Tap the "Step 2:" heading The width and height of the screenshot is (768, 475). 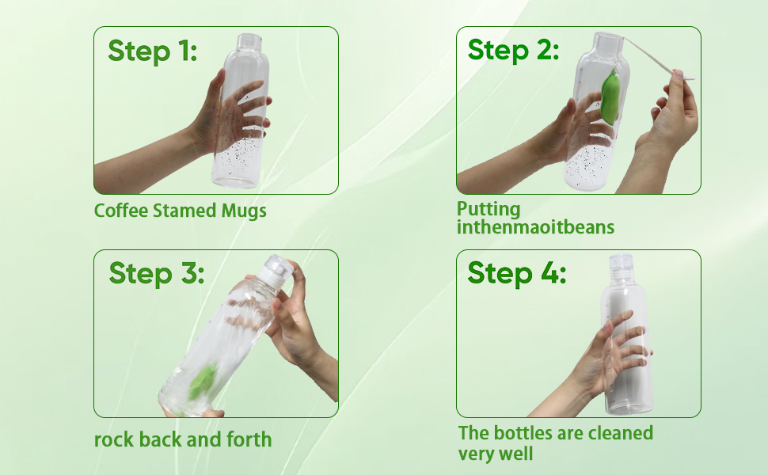coord(513,50)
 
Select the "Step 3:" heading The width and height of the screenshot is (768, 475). coord(156,273)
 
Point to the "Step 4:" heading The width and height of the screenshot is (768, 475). coord(516,273)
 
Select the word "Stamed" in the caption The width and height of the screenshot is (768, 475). coord(184,211)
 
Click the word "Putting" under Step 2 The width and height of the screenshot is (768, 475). coord(489,210)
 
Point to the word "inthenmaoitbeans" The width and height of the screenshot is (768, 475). coord(535,227)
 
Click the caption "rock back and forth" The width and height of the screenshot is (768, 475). coord(183,439)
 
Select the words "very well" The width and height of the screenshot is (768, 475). coord(495,454)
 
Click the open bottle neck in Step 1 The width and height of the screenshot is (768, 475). coord(249,42)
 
